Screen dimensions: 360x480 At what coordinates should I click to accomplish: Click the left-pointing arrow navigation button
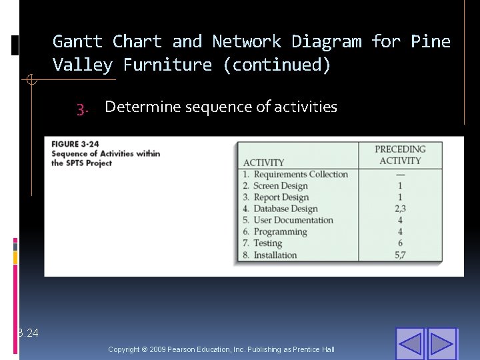(411, 343)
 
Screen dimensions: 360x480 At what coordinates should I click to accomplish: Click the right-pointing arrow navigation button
(441, 343)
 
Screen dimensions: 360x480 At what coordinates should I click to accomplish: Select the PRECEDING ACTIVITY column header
(400, 155)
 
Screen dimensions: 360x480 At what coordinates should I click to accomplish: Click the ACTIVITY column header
(263, 163)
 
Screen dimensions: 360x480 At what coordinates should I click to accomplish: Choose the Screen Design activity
(280, 186)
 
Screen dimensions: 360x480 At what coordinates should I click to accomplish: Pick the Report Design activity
(281, 197)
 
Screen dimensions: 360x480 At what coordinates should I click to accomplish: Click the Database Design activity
(285, 209)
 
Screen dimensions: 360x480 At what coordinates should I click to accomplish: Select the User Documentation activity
(293, 220)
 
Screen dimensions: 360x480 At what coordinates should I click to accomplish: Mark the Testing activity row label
(267, 243)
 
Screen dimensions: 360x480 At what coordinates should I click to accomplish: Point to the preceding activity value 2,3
(400, 209)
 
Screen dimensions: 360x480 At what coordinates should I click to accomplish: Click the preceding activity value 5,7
(400, 255)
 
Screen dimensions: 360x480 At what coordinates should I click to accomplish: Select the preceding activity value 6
(400, 243)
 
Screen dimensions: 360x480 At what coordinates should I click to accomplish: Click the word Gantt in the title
(77, 42)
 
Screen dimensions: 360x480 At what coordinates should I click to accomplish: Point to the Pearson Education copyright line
(221, 349)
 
